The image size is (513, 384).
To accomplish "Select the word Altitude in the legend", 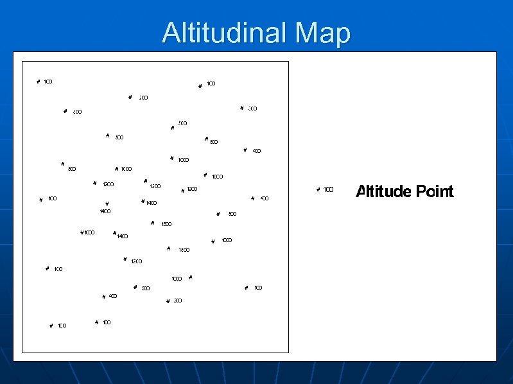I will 383,191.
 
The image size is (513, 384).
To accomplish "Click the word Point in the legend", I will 435,191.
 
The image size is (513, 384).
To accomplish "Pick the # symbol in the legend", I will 318,189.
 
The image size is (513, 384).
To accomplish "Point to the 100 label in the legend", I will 328,189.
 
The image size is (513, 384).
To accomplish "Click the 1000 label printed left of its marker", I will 177,279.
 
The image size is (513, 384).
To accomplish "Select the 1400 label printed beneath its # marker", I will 105,211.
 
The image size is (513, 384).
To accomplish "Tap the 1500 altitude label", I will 166,224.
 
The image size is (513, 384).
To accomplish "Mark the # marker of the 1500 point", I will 152,223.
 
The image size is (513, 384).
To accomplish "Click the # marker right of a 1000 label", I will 191,277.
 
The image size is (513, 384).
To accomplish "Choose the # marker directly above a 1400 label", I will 107,204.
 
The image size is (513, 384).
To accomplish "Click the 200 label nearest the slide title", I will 143,98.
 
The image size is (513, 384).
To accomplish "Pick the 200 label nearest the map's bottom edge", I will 178,301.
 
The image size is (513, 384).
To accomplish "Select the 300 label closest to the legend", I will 252,109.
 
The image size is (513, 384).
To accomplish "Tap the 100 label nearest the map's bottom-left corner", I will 62,326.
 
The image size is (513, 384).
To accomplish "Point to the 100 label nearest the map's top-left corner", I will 48,82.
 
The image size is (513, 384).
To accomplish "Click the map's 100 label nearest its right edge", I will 258,288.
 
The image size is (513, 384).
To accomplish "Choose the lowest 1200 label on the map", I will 136,261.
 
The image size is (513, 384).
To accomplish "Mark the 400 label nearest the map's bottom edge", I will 113,296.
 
